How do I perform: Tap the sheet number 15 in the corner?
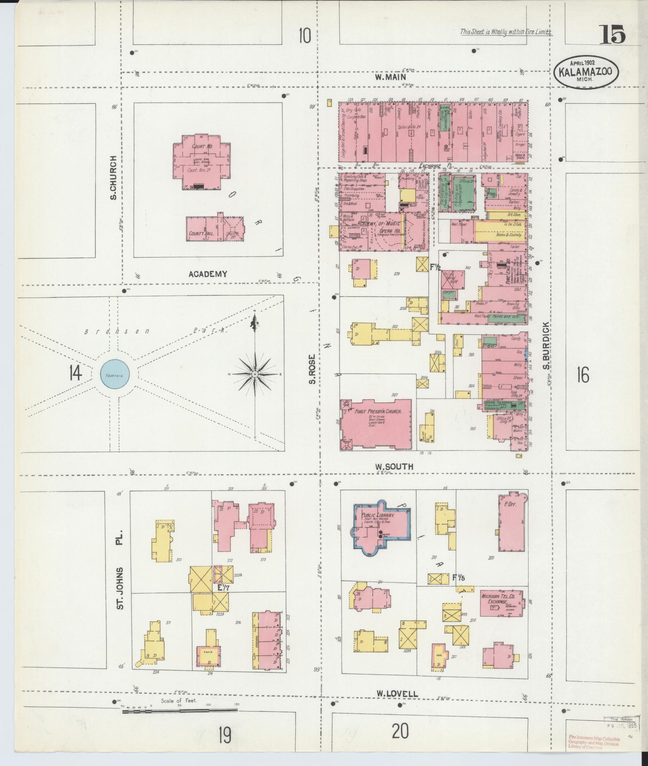[x=612, y=35]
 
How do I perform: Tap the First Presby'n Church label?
[x=377, y=412]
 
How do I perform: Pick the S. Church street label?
[x=113, y=178]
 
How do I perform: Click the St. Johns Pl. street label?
[x=121, y=570]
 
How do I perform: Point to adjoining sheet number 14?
[x=75, y=373]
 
